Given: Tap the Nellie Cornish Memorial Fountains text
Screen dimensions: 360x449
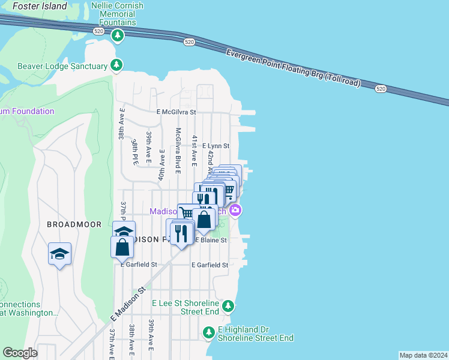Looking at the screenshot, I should pos(117,14).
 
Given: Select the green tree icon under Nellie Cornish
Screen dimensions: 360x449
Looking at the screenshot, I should pos(118,36).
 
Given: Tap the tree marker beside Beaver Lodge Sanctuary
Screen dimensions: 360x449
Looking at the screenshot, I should pos(116,65).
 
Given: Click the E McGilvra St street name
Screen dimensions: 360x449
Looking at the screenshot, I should pos(176,112).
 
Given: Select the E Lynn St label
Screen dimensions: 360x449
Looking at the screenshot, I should pos(215,146).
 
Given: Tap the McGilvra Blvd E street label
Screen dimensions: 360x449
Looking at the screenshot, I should pos(178,150).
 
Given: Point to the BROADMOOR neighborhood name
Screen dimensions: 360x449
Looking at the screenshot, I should pos(70,224).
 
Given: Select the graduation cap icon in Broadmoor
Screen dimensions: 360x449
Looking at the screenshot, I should pos(60,254).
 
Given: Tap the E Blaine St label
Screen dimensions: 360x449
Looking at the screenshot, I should pos(211,240).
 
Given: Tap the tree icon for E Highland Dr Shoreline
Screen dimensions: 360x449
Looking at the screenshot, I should pos(208,332).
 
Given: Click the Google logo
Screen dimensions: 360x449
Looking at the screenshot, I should pos(20,353).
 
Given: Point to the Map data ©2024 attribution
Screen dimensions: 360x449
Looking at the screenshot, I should pos(423,355).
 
